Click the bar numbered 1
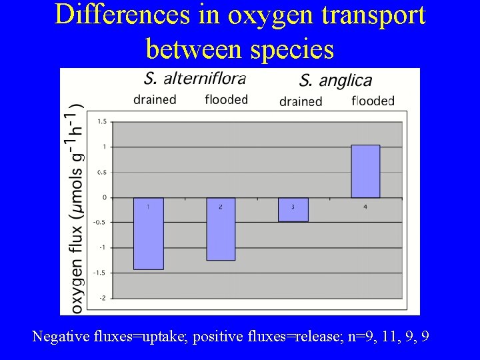pos(148,233)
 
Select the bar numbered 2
pos(221,229)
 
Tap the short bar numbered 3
pos(293,209)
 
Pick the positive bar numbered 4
pos(365,171)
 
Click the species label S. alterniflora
pos(195,79)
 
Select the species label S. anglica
pos(335,81)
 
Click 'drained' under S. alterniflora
pos(155,100)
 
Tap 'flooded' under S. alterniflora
pos(227,100)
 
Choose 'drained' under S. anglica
pos(301,101)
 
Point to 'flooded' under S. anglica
pos(373,101)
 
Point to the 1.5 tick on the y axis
pos(102,121)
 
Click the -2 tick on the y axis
pos(103,298)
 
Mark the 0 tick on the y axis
pos(104,197)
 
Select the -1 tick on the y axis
pos(103,247)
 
